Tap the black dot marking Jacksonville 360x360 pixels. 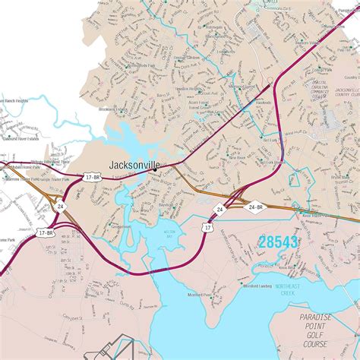[154, 170]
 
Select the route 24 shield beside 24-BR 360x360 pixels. [219, 207]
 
